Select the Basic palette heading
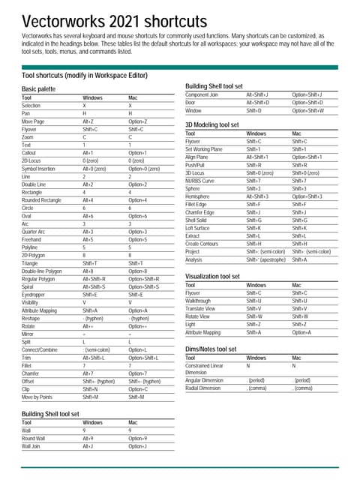point(38,89)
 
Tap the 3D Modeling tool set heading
point(212,124)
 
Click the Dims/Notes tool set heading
point(211,349)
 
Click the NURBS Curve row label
point(199,181)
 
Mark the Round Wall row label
point(34,438)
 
